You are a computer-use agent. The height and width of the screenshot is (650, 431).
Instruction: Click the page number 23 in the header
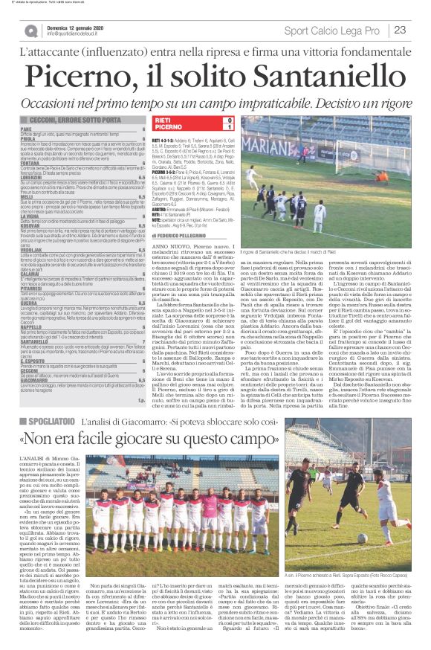tap(399, 30)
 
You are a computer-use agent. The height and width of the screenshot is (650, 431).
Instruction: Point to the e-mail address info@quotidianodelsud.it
tap(81, 34)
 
